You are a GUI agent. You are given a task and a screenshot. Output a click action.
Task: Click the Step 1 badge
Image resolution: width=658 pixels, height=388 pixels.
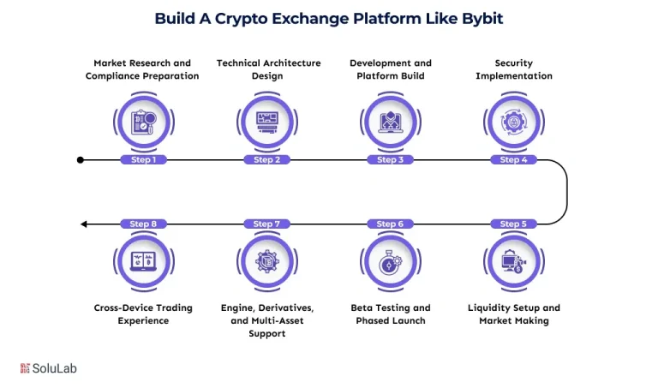click(143, 159)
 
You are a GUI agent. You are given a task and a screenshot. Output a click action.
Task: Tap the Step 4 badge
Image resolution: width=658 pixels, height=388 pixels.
click(513, 159)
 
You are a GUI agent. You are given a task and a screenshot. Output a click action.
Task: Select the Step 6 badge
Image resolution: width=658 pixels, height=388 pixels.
click(390, 224)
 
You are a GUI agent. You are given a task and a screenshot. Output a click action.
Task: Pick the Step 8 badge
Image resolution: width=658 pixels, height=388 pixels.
click(143, 224)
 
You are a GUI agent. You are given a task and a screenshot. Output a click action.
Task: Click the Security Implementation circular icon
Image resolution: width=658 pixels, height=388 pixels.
click(513, 122)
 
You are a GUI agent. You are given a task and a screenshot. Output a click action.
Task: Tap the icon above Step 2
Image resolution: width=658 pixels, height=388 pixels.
click(266, 122)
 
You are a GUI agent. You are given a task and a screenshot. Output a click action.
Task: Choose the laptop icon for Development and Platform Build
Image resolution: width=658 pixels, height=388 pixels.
click(390, 122)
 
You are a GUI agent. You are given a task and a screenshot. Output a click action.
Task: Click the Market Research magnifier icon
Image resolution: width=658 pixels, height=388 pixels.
click(143, 122)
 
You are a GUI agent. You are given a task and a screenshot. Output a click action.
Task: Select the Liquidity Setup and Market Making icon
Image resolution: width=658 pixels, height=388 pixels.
click(513, 260)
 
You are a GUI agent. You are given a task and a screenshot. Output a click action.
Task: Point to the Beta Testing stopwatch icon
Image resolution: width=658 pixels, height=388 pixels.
click(390, 260)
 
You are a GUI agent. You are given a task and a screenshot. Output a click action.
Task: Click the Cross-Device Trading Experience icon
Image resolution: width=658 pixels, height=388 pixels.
click(143, 260)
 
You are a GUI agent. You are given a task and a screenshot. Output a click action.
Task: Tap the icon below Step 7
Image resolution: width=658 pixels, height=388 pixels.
click(266, 260)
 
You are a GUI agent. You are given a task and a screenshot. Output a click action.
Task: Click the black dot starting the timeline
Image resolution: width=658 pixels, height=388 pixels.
click(80, 159)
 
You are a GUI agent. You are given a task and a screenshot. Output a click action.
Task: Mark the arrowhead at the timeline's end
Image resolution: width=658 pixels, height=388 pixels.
click(84, 224)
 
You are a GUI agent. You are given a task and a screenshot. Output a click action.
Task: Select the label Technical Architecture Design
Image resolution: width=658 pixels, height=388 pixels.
click(267, 69)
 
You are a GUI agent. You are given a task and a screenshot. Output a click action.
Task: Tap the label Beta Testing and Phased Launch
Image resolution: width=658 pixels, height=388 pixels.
click(390, 314)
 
